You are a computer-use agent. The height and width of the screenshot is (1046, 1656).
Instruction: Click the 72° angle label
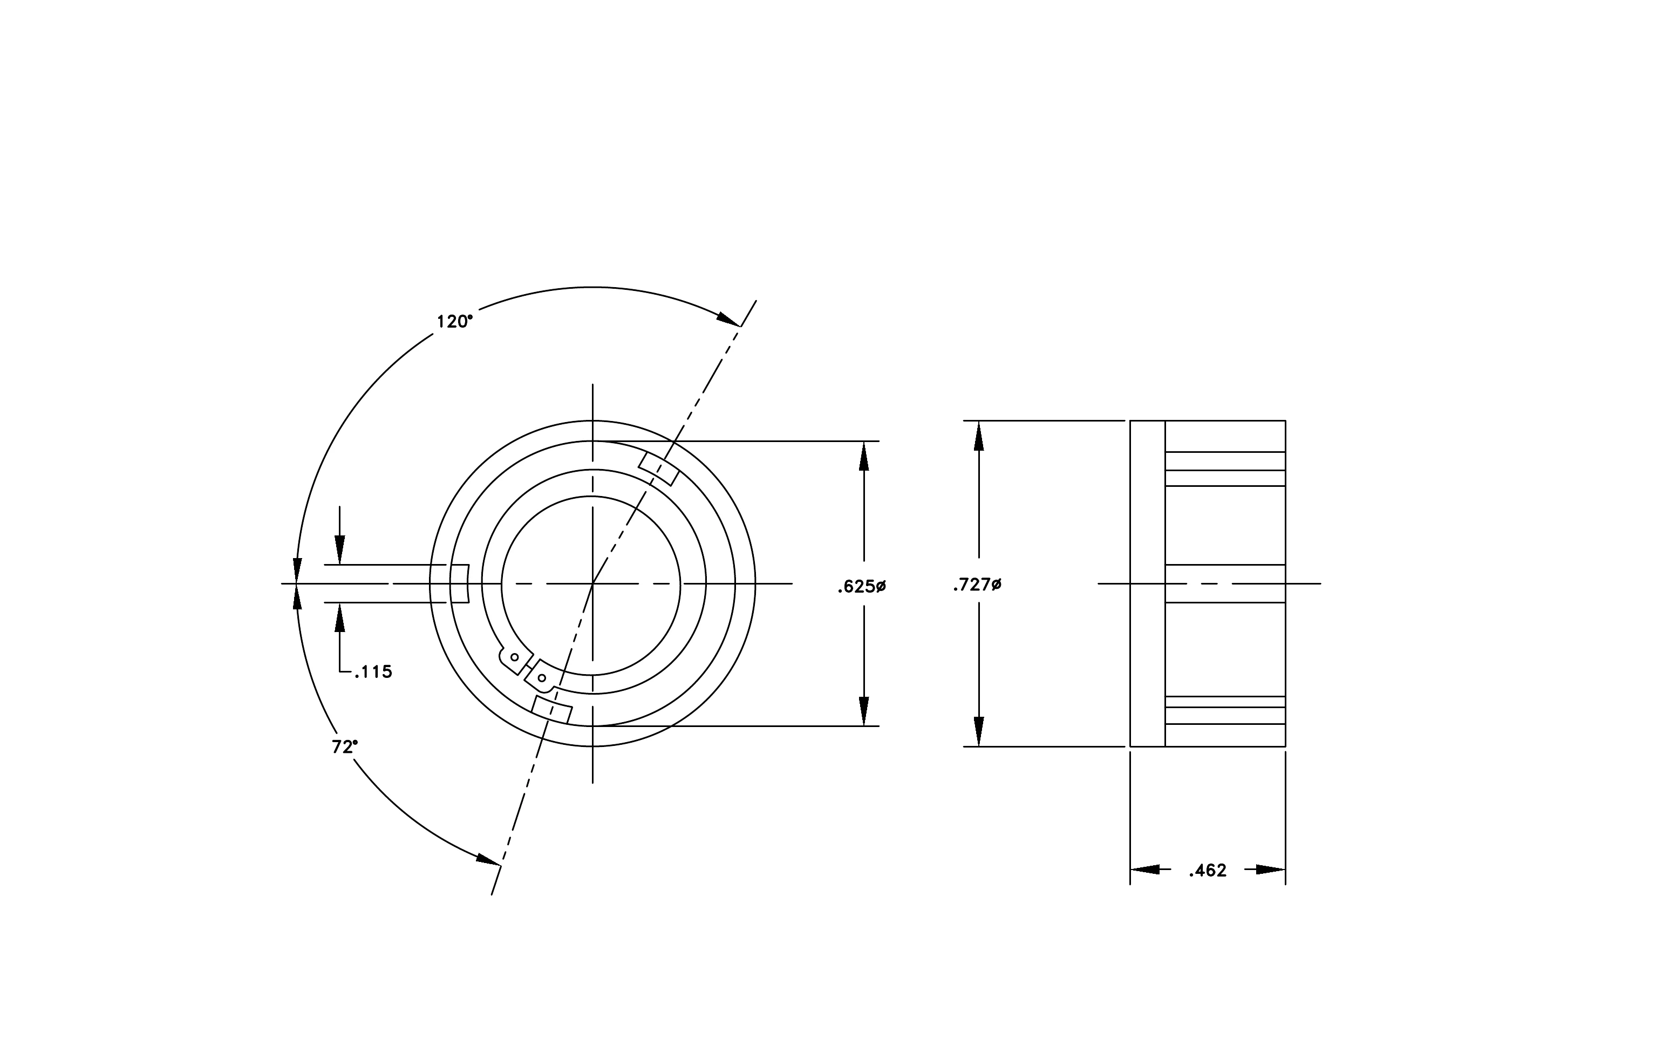click(x=345, y=747)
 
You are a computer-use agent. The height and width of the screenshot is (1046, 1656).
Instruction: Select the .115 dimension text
click(x=373, y=672)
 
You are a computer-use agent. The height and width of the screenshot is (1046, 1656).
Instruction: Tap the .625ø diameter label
click(x=862, y=587)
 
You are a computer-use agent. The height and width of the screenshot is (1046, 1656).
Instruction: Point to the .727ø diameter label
click(x=977, y=585)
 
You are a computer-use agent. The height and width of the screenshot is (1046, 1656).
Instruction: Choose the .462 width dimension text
click(x=1208, y=871)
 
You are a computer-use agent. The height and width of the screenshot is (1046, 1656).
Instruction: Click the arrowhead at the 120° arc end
click(x=728, y=318)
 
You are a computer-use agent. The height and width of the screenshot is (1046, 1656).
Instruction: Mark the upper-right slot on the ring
click(x=659, y=469)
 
